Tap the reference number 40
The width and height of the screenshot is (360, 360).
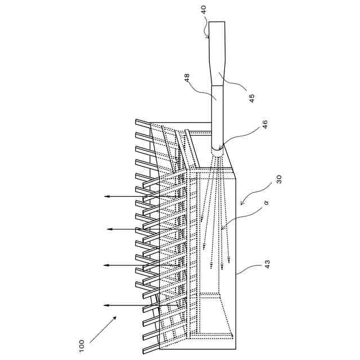pos(203,10)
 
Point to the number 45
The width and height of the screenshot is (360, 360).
pos(252,97)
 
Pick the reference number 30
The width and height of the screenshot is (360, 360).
pos(279,179)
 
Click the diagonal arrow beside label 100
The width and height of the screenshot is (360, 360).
pos(104,328)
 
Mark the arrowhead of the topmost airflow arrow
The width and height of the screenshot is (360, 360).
pos(105,196)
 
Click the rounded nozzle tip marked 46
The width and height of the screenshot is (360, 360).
pos(218,151)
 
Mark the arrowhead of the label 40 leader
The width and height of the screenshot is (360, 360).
pos(210,38)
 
